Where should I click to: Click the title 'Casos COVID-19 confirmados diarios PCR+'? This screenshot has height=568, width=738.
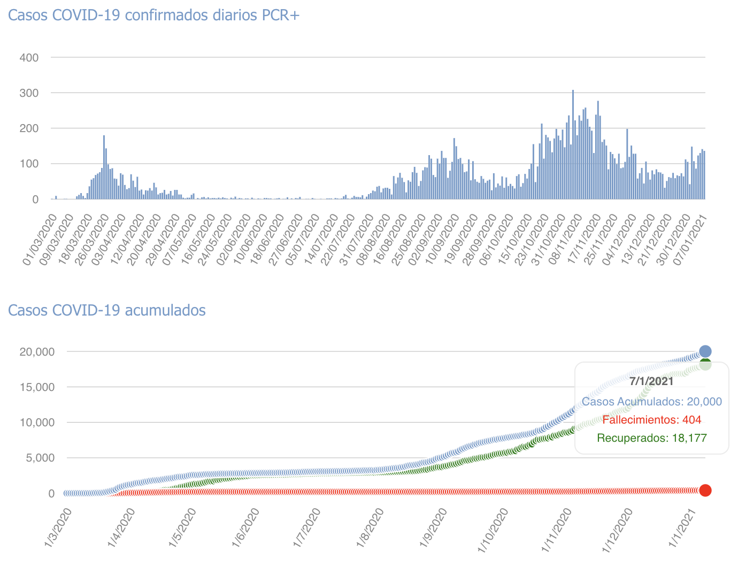click(x=154, y=15)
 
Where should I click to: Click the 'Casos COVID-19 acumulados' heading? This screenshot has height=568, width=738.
click(x=107, y=310)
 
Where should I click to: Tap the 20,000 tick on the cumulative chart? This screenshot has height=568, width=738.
click(x=37, y=352)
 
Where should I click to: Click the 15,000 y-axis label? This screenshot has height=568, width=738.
click(x=37, y=387)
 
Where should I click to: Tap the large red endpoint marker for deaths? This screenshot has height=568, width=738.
click(x=705, y=490)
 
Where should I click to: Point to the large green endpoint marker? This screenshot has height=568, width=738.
click(x=705, y=365)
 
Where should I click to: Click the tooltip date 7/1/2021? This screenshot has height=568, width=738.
click(x=651, y=381)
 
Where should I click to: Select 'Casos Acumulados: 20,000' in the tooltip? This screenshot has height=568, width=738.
click(x=651, y=402)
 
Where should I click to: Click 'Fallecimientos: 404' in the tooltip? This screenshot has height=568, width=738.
click(x=651, y=420)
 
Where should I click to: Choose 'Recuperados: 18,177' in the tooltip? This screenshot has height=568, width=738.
click(x=651, y=439)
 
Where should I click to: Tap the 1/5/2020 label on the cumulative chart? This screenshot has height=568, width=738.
click(x=183, y=529)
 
